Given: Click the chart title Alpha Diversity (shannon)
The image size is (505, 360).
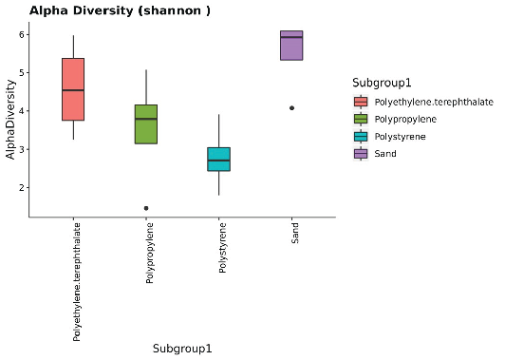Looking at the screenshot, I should [x=106, y=10].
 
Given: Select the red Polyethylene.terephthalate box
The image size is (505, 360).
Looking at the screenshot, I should [x=73, y=89].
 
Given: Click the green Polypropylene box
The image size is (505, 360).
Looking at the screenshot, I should [x=146, y=123].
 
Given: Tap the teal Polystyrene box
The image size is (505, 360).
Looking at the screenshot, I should [x=218, y=159].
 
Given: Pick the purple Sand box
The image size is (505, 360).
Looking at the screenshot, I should [x=291, y=46].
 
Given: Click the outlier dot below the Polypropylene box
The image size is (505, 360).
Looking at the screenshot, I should [x=146, y=208].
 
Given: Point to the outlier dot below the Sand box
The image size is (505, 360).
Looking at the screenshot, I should [x=291, y=107].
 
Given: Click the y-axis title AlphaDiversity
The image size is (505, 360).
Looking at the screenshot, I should [x=9, y=123].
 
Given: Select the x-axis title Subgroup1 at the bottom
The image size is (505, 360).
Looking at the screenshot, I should [x=181, y=349].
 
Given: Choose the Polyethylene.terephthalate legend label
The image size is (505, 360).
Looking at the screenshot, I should [x=433, y=102].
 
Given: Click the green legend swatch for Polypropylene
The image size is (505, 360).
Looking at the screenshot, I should [x=361, y=119].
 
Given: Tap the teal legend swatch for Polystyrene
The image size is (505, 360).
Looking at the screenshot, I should [x=361, y=136].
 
